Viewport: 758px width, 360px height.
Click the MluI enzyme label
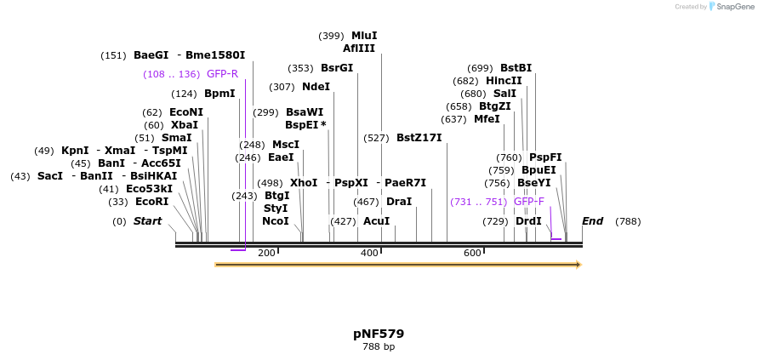pyautogui.click(x=363, y=36)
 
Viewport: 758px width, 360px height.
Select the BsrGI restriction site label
pyautogui.click(x=336, y=68)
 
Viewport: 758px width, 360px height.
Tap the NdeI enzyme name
pyautogui.click(x=316, y=87)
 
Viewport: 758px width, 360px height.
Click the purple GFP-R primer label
pyautogui.click(x=222, y=74)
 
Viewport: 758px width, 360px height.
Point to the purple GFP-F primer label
pyautogui.click(x=529, y=202)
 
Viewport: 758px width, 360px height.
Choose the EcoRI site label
pyautogui.click(x=151, y=202)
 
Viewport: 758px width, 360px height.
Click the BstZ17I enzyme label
pyautogui.click(x=419, y=138)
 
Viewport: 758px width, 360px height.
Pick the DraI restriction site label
pyautogui.click(x=398, y=202)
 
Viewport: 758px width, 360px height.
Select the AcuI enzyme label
pyautogui.click(x=376, y=221)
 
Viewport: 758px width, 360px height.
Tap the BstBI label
pyautogui.click(x=516, y=68)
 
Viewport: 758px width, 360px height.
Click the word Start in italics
pyautogui.click(x=147, y=221)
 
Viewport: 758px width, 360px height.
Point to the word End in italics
pyautogui.click(x=592, y=221)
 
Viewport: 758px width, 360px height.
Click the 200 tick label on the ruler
pyautogui.click(x=266, y=254)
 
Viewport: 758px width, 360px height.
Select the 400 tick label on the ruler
pyautogui.click(x=369, y=254)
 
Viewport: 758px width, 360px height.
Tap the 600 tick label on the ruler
pyautogui.click(x=472, y=254)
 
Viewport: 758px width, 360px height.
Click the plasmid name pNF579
pyautogui.click(x=379, y=334)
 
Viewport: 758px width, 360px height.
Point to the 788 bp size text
pyautogui.click(x=379, y=347)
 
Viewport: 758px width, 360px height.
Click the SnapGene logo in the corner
pyautogui.click(x=730, y=7)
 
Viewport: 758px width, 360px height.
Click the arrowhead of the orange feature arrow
pyautogui.click(x=578, y=265)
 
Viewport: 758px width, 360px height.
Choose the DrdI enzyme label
pyautogui.click(x=528, y=221)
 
